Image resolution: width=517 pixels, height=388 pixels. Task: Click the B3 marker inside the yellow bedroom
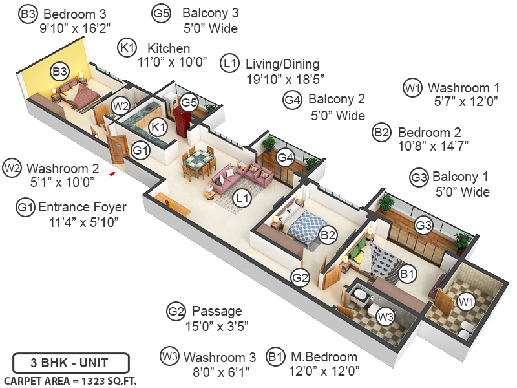click(60, 71)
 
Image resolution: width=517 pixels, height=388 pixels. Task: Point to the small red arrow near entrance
click(112, 173)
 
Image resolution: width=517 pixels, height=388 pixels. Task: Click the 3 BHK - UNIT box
click(70, 362)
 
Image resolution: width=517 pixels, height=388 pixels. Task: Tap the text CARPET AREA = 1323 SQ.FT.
click(70, 380)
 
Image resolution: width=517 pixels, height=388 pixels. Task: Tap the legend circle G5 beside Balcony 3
click(162, 13)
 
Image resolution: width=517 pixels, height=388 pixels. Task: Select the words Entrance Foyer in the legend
click(82, 208)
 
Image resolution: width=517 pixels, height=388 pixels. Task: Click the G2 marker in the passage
click(300, 278)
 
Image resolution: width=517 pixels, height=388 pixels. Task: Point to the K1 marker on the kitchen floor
click(157, 127)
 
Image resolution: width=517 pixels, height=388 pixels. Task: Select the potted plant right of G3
click(461, 241)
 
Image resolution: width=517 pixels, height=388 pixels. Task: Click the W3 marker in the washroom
click(385, 317)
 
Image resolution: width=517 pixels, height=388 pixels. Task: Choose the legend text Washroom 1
click(463, 87)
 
